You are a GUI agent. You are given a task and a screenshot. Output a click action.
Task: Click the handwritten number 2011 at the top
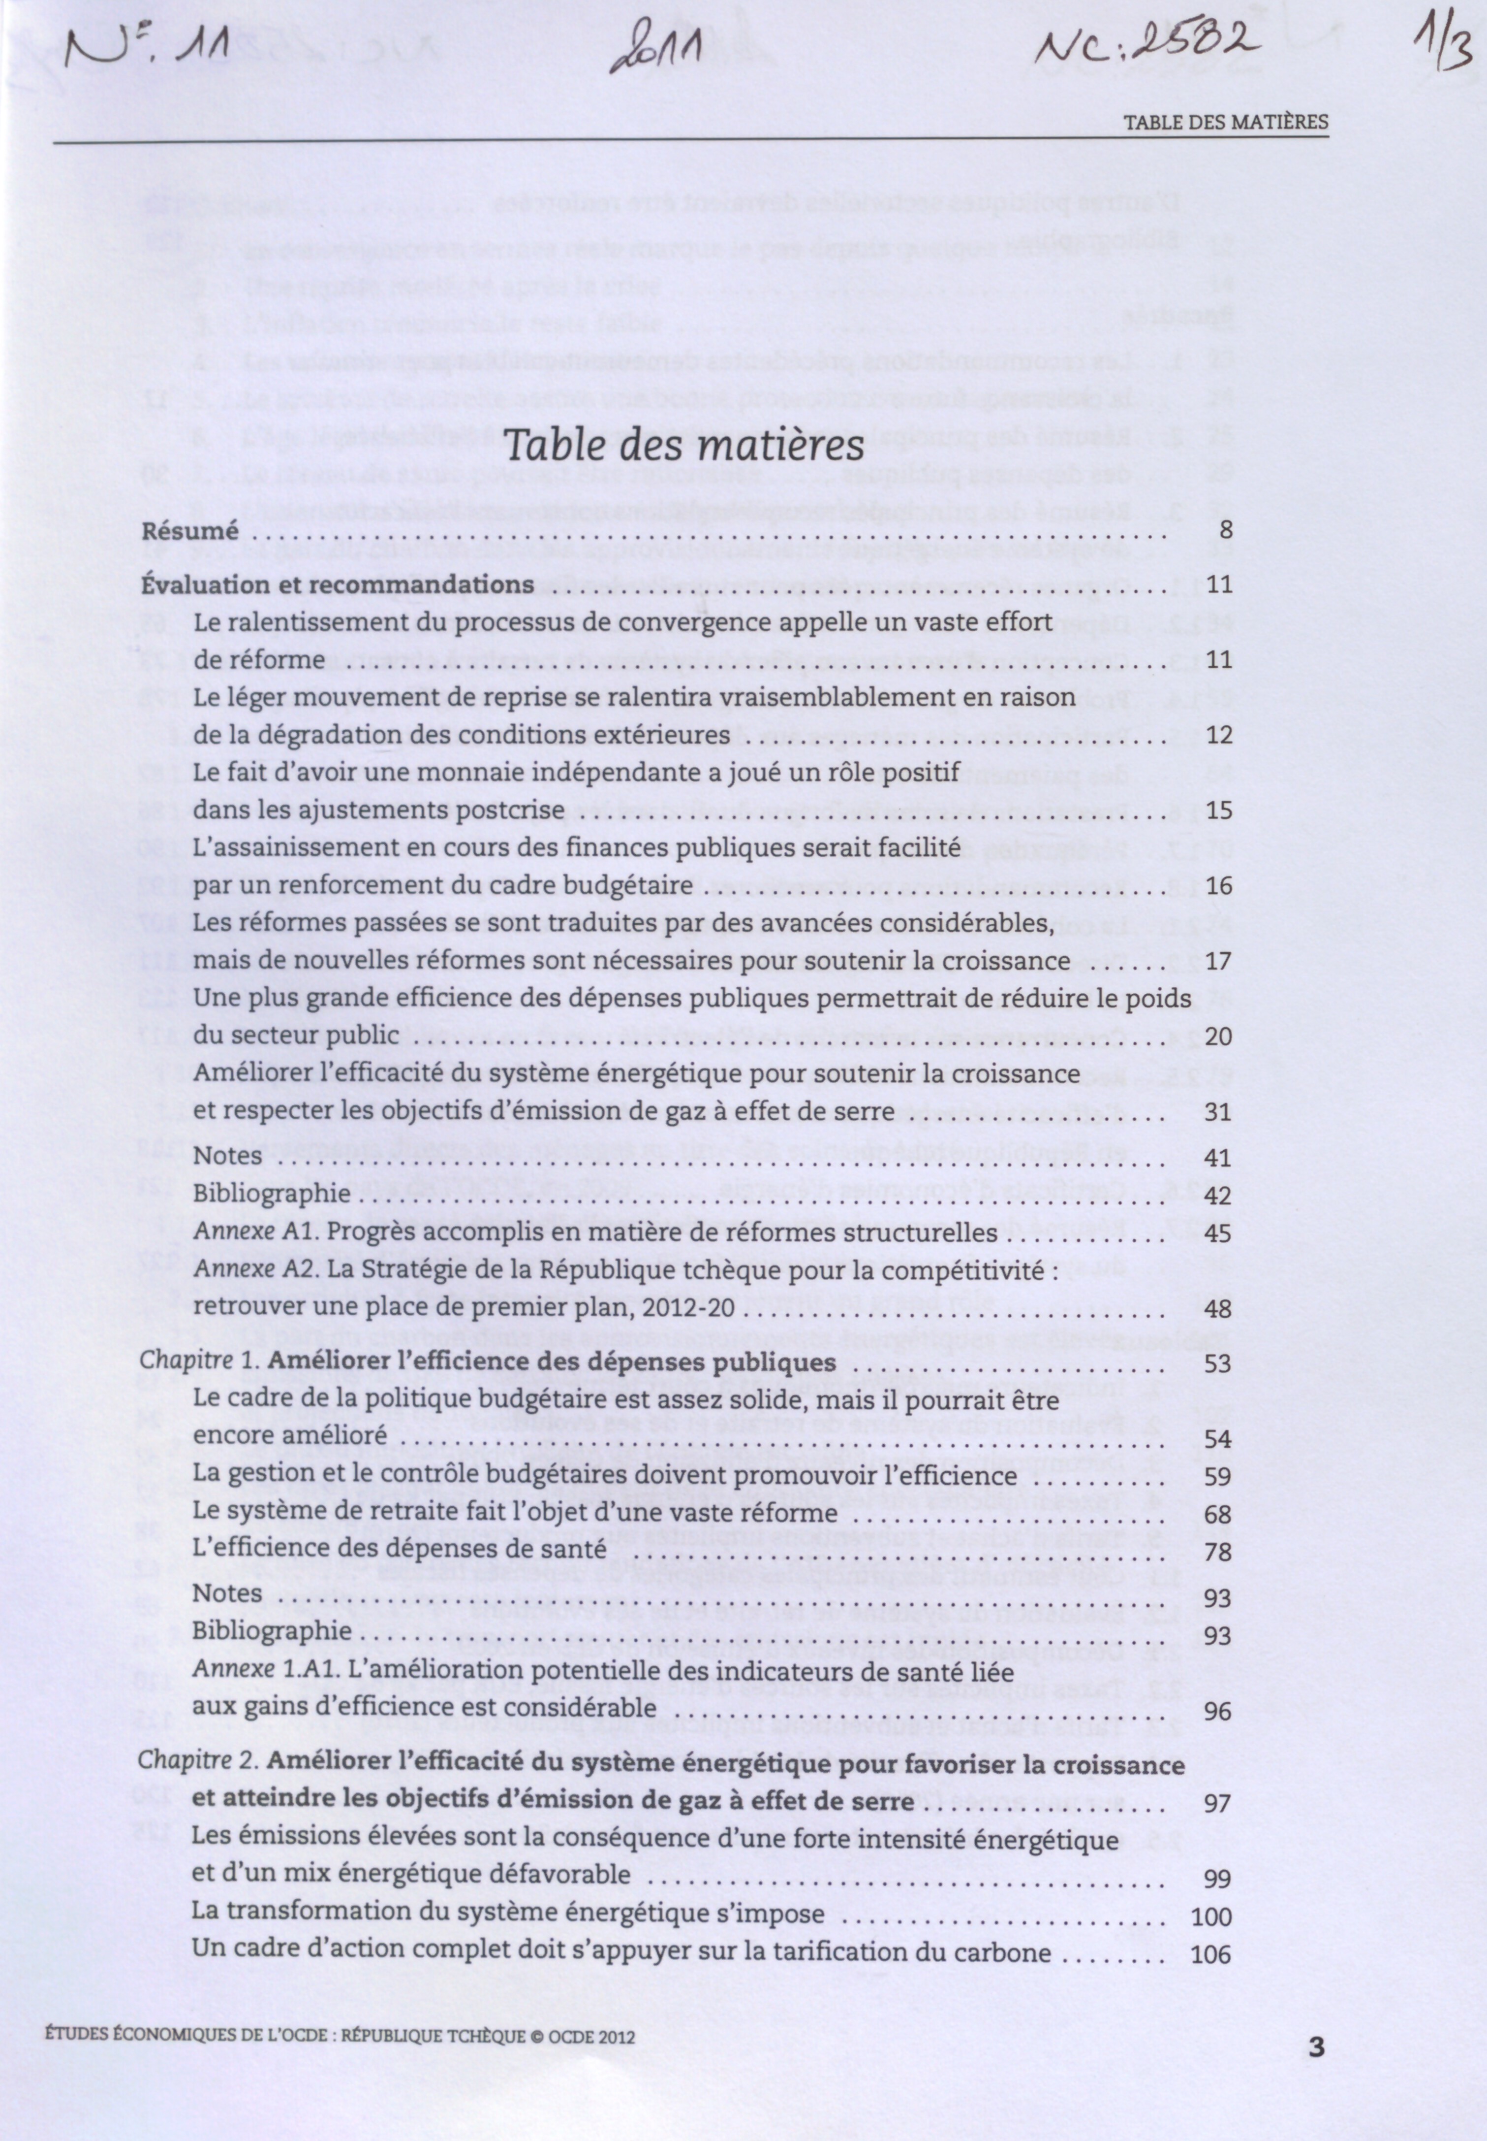tap(655, 61)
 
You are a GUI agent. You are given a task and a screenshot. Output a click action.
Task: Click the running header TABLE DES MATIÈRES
tap(1224, 122)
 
